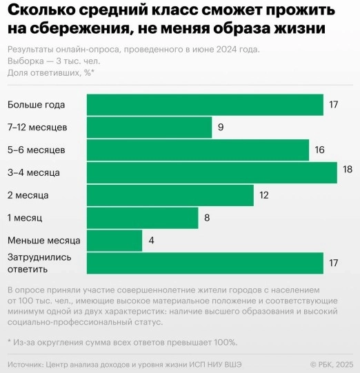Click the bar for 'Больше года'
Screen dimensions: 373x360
point(205,105)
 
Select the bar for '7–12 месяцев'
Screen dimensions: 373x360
point(149,128)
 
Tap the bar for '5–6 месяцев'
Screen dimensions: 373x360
point(197,150)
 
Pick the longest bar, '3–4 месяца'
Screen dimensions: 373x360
point(212,172)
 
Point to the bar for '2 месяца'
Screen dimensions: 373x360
point(170,195)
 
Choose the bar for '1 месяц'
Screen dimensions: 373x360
point(142,218)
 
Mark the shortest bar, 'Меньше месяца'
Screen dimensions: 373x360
point(114,241)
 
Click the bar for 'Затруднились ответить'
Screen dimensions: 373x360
point(205,263)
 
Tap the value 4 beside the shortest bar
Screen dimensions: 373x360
point(151,241)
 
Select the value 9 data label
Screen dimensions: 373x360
point(221,128)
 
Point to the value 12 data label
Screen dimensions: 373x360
point(263,195)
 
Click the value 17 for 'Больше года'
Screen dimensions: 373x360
point(334,105)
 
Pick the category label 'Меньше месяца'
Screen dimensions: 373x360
point(43,241)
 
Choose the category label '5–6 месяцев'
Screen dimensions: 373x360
point(37,150)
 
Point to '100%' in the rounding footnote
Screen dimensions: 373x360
point(224,342)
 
